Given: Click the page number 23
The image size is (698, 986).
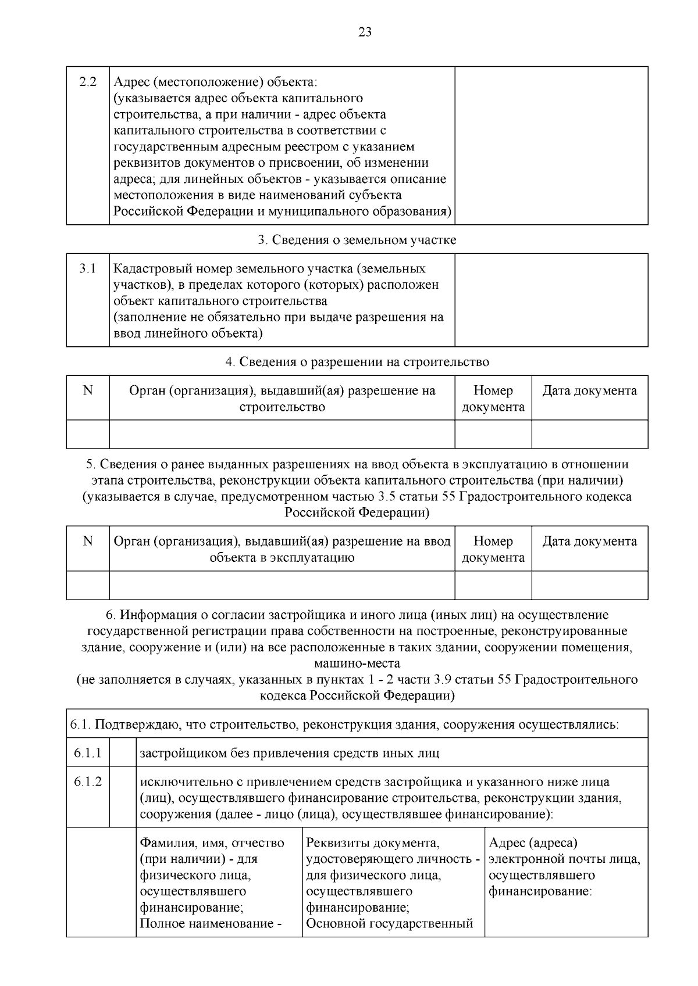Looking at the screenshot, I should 365,32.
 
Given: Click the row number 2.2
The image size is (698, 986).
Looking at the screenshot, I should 88,82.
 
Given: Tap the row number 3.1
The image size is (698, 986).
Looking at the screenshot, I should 88,268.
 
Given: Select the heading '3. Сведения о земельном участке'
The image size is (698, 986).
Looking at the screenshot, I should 357,240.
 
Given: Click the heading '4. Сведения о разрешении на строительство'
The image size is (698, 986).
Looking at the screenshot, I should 357,362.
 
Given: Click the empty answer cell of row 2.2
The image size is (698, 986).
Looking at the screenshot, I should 551,145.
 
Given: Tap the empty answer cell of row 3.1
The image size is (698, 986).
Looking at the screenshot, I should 551,300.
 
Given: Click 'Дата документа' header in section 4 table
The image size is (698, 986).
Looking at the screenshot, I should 589,391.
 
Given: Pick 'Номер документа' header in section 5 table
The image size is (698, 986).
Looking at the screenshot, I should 493,549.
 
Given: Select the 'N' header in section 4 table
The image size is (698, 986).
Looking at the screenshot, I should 88,390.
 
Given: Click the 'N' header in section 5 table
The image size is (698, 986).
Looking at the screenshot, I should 88,542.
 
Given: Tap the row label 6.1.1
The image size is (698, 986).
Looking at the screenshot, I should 88,753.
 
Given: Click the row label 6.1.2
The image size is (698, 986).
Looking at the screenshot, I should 88,782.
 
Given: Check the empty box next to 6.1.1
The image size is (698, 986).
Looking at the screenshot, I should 123,752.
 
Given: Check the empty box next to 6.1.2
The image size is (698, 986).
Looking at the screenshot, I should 123,796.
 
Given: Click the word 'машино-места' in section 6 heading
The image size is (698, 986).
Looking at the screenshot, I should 357,664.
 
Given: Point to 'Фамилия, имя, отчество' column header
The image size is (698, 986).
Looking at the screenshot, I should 212,843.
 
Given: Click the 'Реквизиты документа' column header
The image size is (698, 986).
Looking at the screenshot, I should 372,843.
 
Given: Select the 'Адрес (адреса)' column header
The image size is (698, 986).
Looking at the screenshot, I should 533,843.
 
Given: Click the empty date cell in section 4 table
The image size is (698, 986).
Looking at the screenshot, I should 589,434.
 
